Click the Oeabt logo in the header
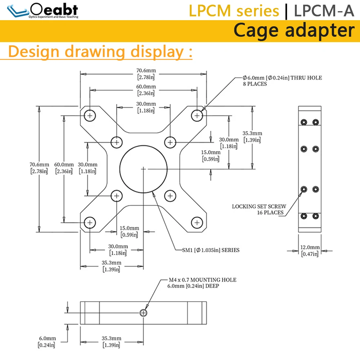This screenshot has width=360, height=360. (43, 10)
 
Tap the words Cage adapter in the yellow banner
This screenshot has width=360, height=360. (294, 31)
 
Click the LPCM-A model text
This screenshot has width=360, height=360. (324, 10)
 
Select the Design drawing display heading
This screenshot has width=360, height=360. (100, 51)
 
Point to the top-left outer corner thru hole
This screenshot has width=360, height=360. (90, 116)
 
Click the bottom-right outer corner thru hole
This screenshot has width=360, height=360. (197, 223)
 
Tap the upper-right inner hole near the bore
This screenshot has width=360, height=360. (170, 142)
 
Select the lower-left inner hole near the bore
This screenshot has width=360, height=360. (117, 196)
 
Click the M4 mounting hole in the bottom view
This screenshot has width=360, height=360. (143, 313)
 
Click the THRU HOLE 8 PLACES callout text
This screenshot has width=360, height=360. (282, 81)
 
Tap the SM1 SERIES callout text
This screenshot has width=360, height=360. (211, 250)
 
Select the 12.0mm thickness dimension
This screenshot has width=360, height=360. (310, 251)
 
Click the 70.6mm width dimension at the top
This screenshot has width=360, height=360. (146, 74)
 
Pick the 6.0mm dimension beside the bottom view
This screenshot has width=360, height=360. (47, 342)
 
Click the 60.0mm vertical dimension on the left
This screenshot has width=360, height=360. (64, 168)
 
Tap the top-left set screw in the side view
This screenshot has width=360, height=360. (304, 122)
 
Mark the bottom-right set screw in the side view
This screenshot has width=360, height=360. (316, 216)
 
